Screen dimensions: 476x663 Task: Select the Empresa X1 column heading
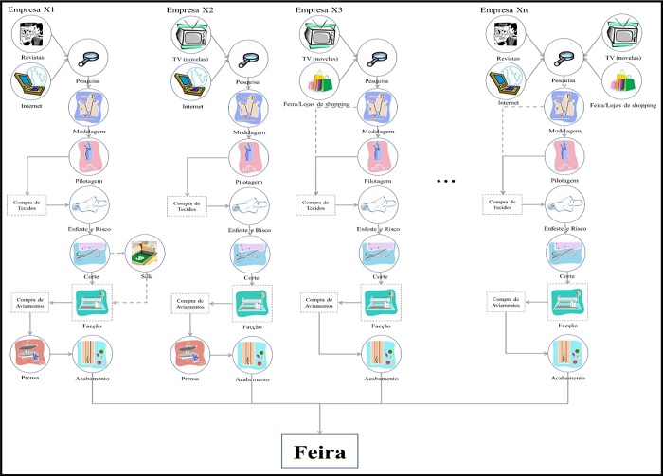pos(35,10)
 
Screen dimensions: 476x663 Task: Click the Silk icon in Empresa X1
pos(146,253)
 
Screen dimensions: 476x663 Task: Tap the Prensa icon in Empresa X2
pos(192,354)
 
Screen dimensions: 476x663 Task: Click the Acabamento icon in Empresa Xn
pos(566,354)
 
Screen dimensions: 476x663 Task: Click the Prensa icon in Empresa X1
pos(30,354)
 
